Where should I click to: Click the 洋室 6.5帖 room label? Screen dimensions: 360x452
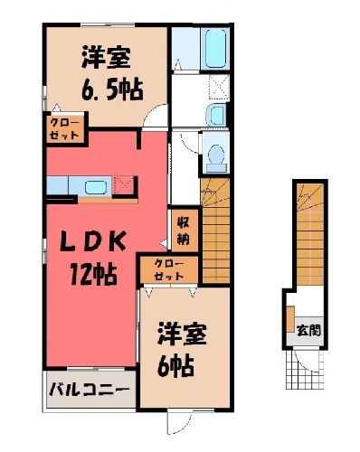[112, 73]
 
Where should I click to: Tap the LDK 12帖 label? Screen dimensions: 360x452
[93, 259]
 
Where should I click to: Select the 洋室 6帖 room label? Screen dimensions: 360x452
[182, 350]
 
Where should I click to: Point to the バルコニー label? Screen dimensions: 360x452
[90, 390]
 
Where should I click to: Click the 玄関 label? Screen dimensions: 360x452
[308, 331]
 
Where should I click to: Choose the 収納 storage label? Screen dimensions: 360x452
[183, 231]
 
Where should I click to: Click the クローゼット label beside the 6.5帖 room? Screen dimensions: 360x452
[65, 128]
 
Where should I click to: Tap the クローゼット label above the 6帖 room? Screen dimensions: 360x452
[169, 270]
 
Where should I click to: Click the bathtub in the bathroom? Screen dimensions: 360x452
[216, 48]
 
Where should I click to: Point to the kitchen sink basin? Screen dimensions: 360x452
[96, 188]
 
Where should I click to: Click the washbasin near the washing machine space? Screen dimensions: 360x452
[216, 115]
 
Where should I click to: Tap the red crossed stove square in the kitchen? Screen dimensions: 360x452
[124, 185]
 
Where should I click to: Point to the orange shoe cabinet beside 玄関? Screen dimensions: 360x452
[290, 319]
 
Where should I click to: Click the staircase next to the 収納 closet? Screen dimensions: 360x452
[215, 231]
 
